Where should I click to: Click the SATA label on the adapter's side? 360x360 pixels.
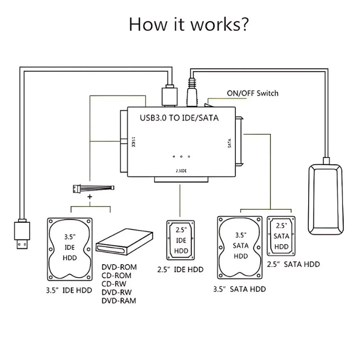[229, 144]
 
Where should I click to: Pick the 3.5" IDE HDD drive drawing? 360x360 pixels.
[70, 248]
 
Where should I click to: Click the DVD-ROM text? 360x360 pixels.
[119, 267]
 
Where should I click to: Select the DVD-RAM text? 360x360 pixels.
[119, 301]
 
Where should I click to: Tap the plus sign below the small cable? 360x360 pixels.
[90, 197]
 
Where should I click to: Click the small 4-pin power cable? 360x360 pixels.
[93, 188]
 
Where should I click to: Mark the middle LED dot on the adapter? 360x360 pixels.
[181, 157]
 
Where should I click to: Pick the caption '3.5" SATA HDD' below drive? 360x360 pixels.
[239, 289]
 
